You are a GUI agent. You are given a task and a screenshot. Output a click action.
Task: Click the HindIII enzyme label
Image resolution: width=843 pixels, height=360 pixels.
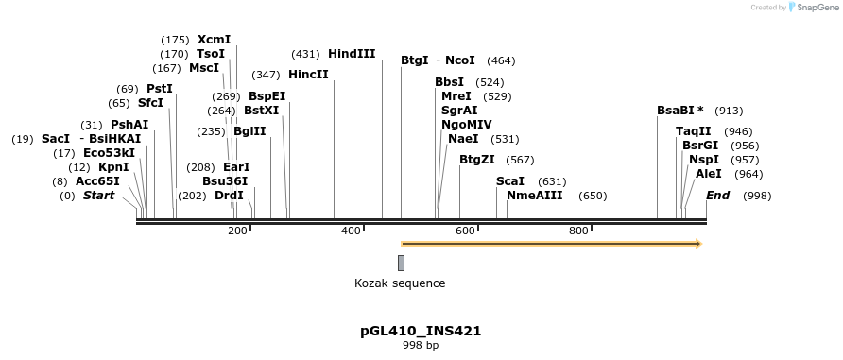coord(352,54)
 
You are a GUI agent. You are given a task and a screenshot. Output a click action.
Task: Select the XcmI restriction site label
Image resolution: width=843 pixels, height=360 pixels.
coord(214,40)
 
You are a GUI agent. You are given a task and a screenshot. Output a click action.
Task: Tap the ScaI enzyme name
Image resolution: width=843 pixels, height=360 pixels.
coord(510,181)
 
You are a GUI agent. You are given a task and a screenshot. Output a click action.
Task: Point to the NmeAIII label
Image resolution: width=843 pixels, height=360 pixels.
coord(535,196)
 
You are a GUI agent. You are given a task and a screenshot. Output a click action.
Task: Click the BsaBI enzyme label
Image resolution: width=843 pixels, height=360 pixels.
coord(677,111)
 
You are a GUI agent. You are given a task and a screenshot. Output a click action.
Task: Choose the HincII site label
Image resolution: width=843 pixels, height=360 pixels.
coord(308,74)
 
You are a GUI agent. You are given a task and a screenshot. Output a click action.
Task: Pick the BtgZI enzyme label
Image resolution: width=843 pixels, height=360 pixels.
coord(477,160)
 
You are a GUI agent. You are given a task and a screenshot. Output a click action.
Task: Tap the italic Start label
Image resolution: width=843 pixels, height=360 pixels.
coord(98,196)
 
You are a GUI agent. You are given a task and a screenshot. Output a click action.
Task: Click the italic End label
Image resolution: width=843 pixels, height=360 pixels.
coord(718,196)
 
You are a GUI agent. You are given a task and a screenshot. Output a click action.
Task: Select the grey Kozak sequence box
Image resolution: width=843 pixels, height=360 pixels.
coord(401,263)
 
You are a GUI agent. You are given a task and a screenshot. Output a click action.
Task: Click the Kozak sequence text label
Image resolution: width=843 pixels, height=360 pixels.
coord(400,283)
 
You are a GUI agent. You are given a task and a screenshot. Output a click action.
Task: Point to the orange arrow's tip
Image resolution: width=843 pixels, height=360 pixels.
coord(699,244)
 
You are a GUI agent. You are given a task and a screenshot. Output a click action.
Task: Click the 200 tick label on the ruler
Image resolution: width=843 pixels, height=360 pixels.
coord(237,231)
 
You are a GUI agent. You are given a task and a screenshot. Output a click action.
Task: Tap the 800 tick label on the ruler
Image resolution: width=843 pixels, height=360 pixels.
coord(579,231)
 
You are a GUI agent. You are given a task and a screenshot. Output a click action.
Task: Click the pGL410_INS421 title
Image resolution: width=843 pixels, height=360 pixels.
coord(421,332)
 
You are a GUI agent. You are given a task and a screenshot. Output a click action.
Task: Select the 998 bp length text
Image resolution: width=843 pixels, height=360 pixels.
coord(421,347)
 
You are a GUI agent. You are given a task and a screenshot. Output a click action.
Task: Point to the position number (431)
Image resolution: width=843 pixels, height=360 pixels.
coord(305,54)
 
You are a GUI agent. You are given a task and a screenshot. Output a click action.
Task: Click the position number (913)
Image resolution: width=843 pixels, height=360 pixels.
coord(729,111)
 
